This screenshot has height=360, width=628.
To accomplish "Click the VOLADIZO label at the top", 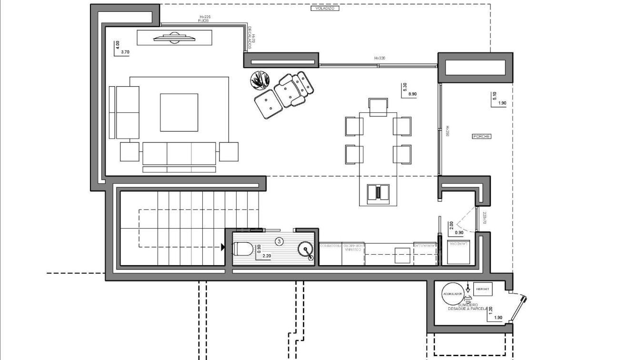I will [x=324, y=8].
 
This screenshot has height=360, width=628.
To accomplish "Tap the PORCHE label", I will [x=481, y=137].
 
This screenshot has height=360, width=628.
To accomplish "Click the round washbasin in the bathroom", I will [x=305, y=249].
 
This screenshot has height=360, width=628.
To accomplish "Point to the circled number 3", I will [x=279, y=241].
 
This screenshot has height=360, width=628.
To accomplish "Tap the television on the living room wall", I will [x=174, y=38].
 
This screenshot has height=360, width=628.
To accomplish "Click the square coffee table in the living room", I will [x=179, y=112].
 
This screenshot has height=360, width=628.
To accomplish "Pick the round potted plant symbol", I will [x=260, y=80].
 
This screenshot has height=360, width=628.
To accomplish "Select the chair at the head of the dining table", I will [x=379, y=107].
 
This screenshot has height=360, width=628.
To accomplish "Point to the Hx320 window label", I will [x=379, y=58].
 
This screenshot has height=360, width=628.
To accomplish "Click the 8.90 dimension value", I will [x=412, y=94].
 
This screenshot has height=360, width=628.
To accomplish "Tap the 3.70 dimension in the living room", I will [x=126, y=51].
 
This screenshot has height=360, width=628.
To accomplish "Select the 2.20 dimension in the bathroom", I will [x=267, y=256].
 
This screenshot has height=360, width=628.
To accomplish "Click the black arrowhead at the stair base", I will [x=222, y=247].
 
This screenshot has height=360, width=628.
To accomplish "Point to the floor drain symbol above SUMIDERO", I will [x=468, y=299].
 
